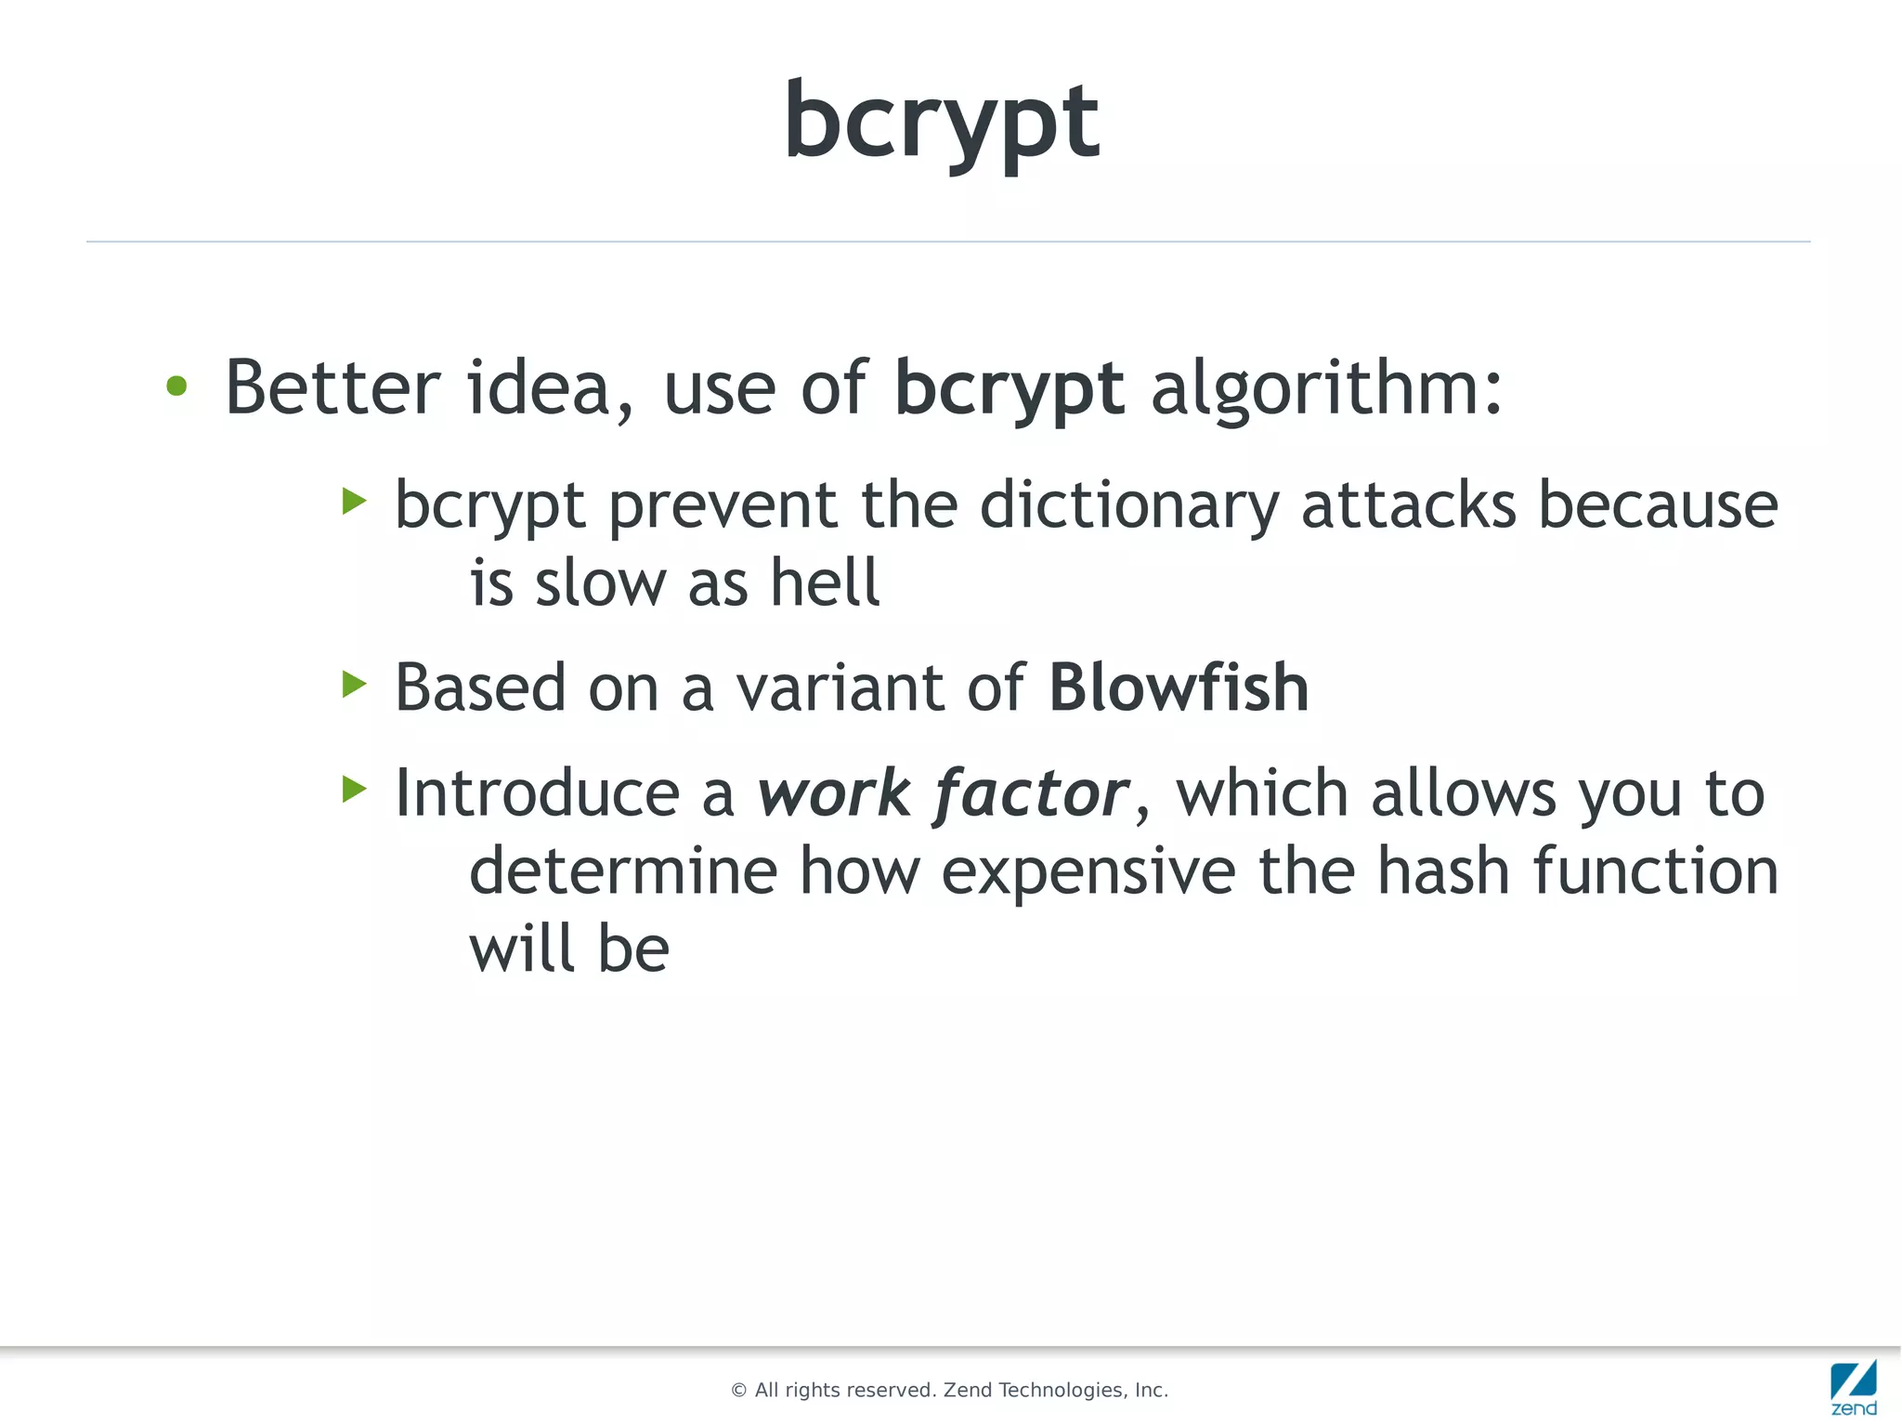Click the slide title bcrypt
click(x=942, y=121)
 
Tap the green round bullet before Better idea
click(x=176, y=386)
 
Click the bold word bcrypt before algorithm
click(x=1009, y=388)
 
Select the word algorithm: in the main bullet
click(x=1325, y=388)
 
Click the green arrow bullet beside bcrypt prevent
click(x=354, y=502)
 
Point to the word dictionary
click(x=1129, y=505)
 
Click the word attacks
click(x=1408, y=505)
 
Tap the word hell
click(x=825, y=582)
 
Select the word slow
click(x=600, y=582)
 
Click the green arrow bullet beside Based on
click(x=354, y=685)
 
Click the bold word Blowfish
click(x=1179, y=687)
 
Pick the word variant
click(x=840, y=687)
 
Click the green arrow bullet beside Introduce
click(x=354, y=790)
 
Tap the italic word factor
click(x=1032, y=793)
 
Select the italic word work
click(x=833, y=793)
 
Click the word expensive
click(x=1088, y=871)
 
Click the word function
click(x=1654, y=871)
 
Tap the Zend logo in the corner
click(x=1853, y=1387)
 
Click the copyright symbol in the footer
click(x=738, y=1391)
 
